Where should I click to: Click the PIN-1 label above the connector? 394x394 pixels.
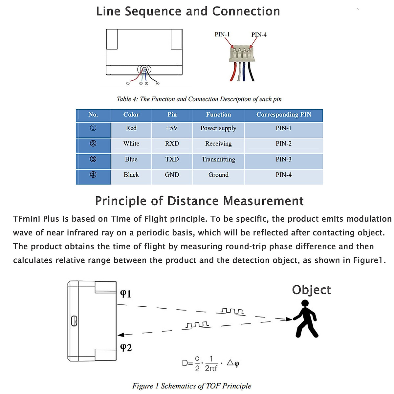(x=222, y=34)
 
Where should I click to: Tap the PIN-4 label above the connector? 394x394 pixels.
(x=259, y=34)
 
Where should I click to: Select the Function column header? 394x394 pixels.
(x=218, y=115)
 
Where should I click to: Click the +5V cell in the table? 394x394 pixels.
(x=172, y=128)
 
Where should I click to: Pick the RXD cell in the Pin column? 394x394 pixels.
(x=172, y=143)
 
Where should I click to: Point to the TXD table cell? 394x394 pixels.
(x=172, y=159)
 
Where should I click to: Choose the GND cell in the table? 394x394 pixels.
(x=172, y=175)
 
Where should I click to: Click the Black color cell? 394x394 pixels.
(x=131, y=175)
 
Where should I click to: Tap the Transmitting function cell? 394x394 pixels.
(x=218, y=159)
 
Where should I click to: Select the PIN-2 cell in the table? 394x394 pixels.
(x=283, y=143)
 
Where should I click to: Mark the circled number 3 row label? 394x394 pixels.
(x=93, y=159)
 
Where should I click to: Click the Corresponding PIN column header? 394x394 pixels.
(x=283, y=115)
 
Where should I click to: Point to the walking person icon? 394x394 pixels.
(x=306, y=318)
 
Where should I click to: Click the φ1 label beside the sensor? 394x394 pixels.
(x=126, y=293)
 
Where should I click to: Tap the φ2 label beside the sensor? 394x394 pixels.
(x=126, y=347)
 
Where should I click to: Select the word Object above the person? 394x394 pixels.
(x=311, y=290)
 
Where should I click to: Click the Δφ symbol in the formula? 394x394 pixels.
(x=233, y=363)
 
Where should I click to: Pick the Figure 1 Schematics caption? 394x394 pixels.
(x=192, y=386)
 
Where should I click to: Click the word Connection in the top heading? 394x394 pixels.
(x=246, y=11)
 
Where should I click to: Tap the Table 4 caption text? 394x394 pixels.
(x=199, y=99)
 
